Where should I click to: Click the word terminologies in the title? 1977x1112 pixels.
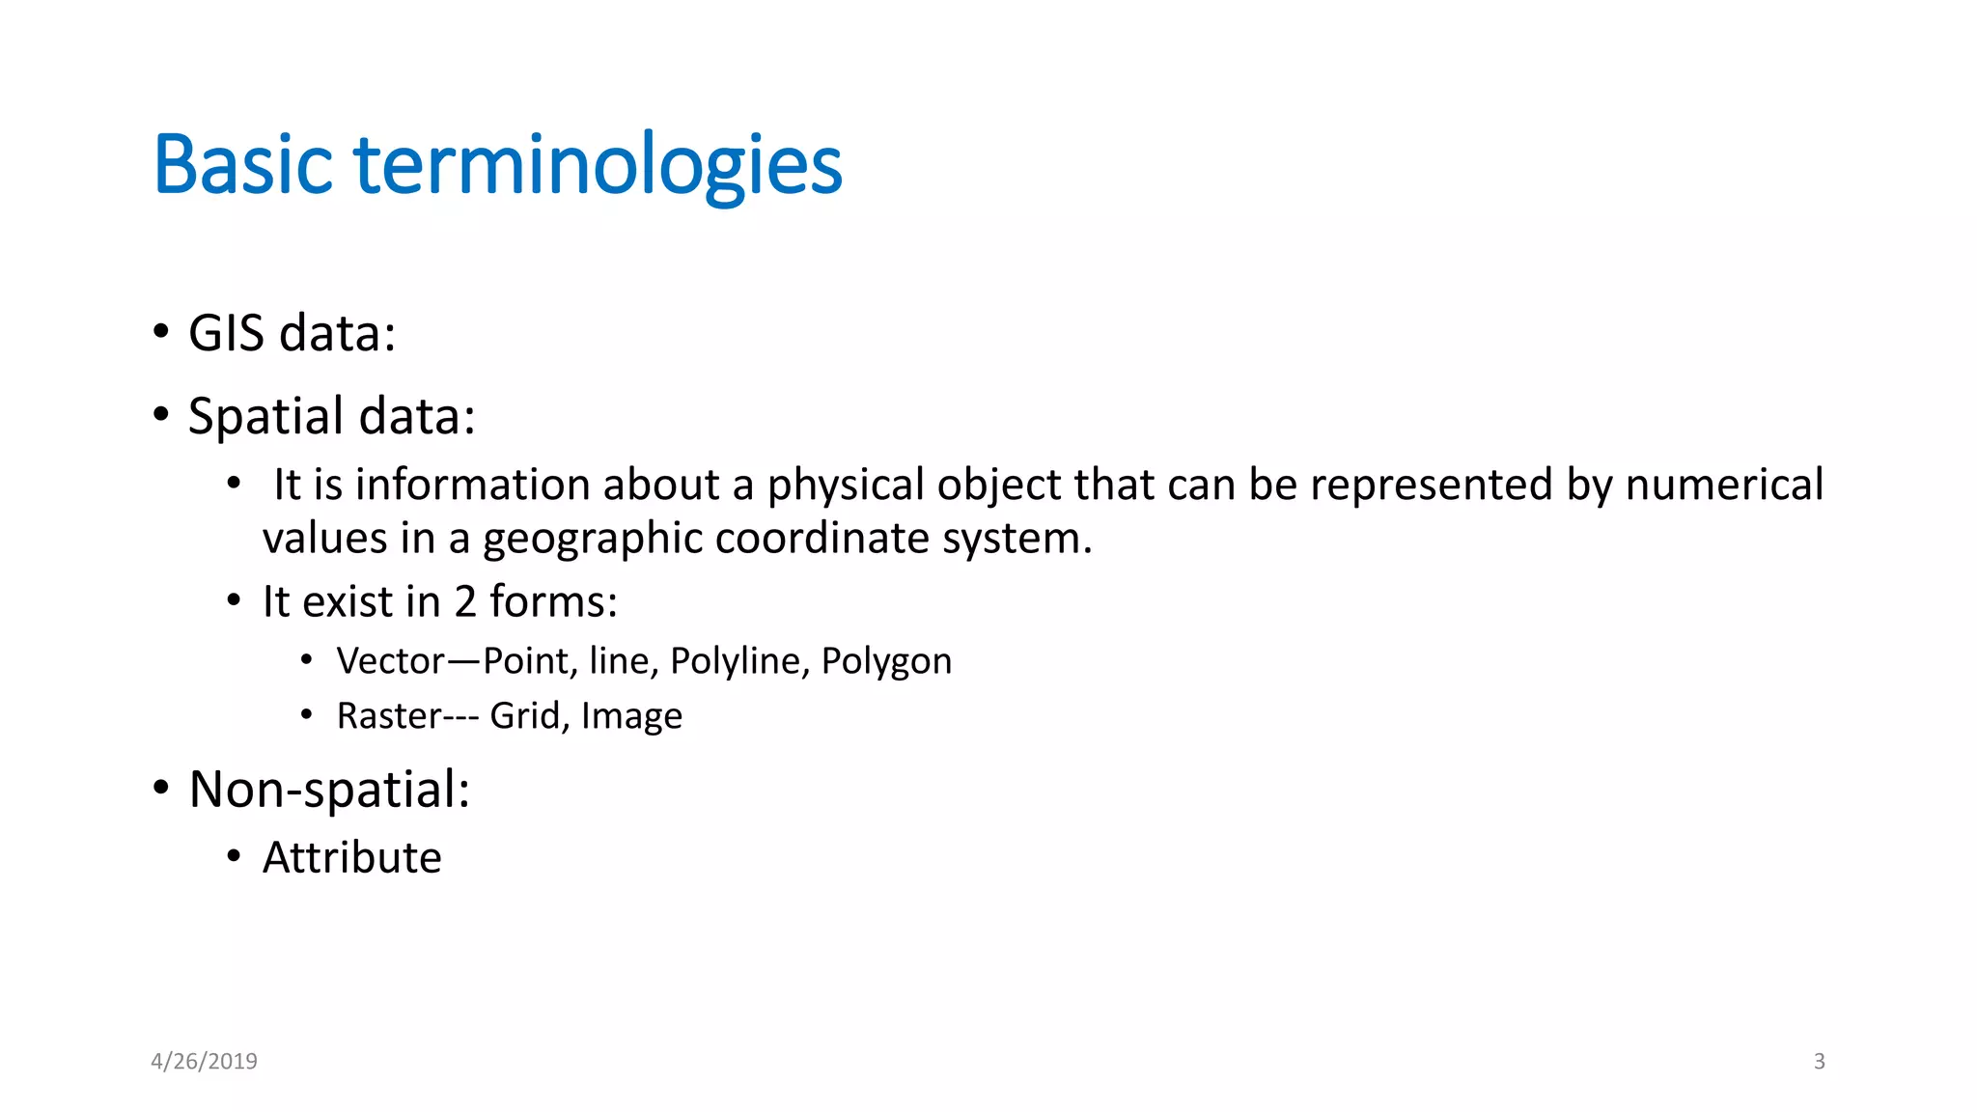599,166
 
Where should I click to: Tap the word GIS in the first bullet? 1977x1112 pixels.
226,333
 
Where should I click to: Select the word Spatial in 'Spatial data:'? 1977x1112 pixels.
265,417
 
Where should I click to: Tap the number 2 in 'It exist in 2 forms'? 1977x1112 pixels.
465,602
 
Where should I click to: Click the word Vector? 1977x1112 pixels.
391,661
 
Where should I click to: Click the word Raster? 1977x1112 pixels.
389,716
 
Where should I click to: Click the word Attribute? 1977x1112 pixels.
352,858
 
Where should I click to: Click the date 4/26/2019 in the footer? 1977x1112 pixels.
205,1062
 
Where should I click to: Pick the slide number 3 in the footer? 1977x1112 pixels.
1819,1062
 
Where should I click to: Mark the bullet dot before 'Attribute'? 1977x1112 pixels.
234,856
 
